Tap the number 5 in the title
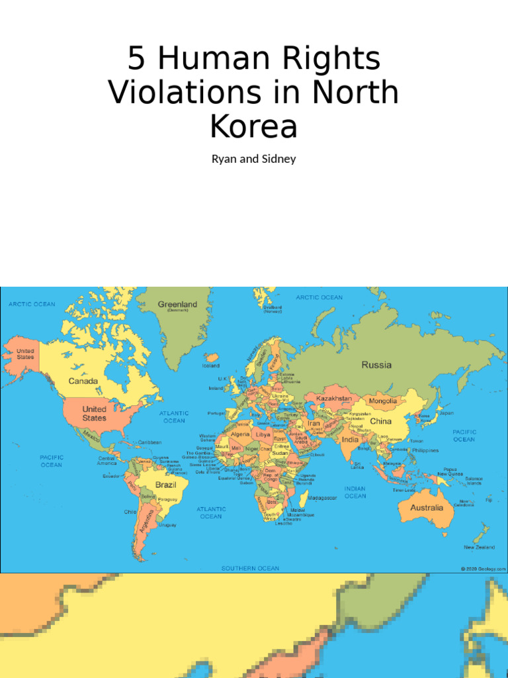[136, 59]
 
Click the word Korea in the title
[253, 126]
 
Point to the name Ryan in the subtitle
[224, 160]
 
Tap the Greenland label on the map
[177, 305]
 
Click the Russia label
[376, 365]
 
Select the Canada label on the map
[83, 381]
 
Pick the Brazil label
[165, 485]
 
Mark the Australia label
[427, 508]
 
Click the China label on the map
[380, 421]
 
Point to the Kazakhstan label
[334, 399]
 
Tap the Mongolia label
[383, 401]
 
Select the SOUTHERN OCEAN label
[250, 568]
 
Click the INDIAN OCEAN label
[355, 492]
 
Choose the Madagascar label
[323, 498]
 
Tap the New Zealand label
[479, 548]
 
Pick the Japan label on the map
[447, 412]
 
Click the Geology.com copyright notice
[484, 568]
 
